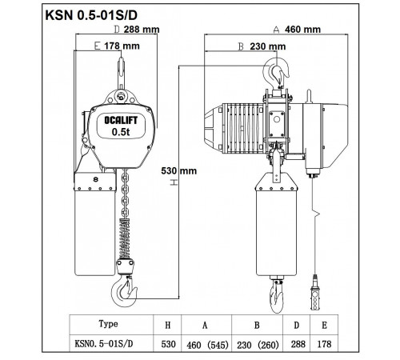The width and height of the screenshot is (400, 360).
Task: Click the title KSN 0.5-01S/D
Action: point(91,15)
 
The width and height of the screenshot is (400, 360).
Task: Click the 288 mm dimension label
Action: point(142,30)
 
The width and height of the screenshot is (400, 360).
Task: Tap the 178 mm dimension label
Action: point(122,46)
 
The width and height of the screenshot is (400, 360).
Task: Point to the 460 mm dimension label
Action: point(302,30)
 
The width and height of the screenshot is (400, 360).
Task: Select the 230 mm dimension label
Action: point(268,46)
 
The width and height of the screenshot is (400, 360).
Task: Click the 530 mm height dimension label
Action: point(179,170)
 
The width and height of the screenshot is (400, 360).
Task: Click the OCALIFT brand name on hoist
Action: point(121,120)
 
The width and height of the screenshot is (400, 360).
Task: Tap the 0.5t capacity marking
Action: point(121,132)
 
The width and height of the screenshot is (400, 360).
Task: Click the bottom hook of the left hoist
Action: point(123,292)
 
